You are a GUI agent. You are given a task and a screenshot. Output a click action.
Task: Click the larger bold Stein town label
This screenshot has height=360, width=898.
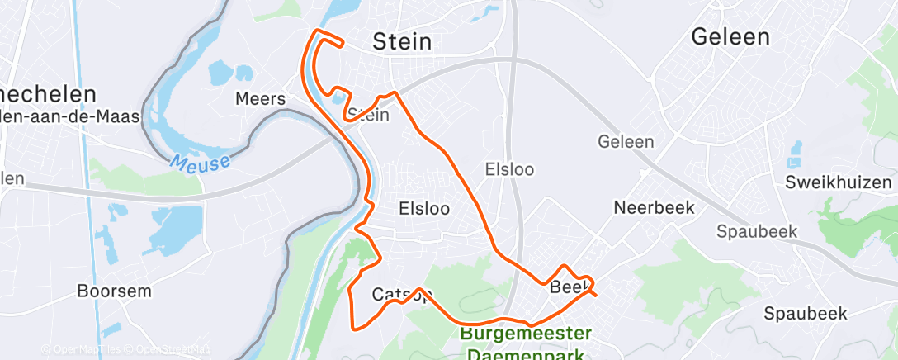[403, 41]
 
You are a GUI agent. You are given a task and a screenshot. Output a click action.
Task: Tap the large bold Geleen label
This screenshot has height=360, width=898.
[730, 37]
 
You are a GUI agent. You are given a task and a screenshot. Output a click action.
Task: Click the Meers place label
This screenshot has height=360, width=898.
[261, 99]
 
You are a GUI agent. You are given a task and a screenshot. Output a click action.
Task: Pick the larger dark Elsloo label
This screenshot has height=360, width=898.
[424, 208]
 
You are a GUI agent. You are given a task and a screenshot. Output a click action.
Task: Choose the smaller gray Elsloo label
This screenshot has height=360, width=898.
[510, 169]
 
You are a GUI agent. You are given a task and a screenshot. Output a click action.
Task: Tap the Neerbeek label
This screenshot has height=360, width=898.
[654, 207]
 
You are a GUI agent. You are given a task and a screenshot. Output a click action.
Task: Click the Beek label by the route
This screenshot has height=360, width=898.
[566, 288]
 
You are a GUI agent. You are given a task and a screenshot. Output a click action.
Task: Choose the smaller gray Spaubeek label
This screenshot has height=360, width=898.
[757, 231]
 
